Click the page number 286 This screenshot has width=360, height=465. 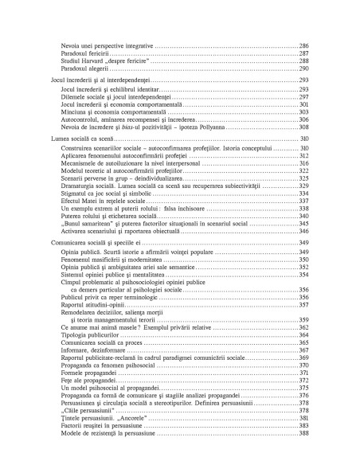point(303,46)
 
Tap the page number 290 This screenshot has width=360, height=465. point(303,68)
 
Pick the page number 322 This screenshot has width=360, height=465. point(303,171)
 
